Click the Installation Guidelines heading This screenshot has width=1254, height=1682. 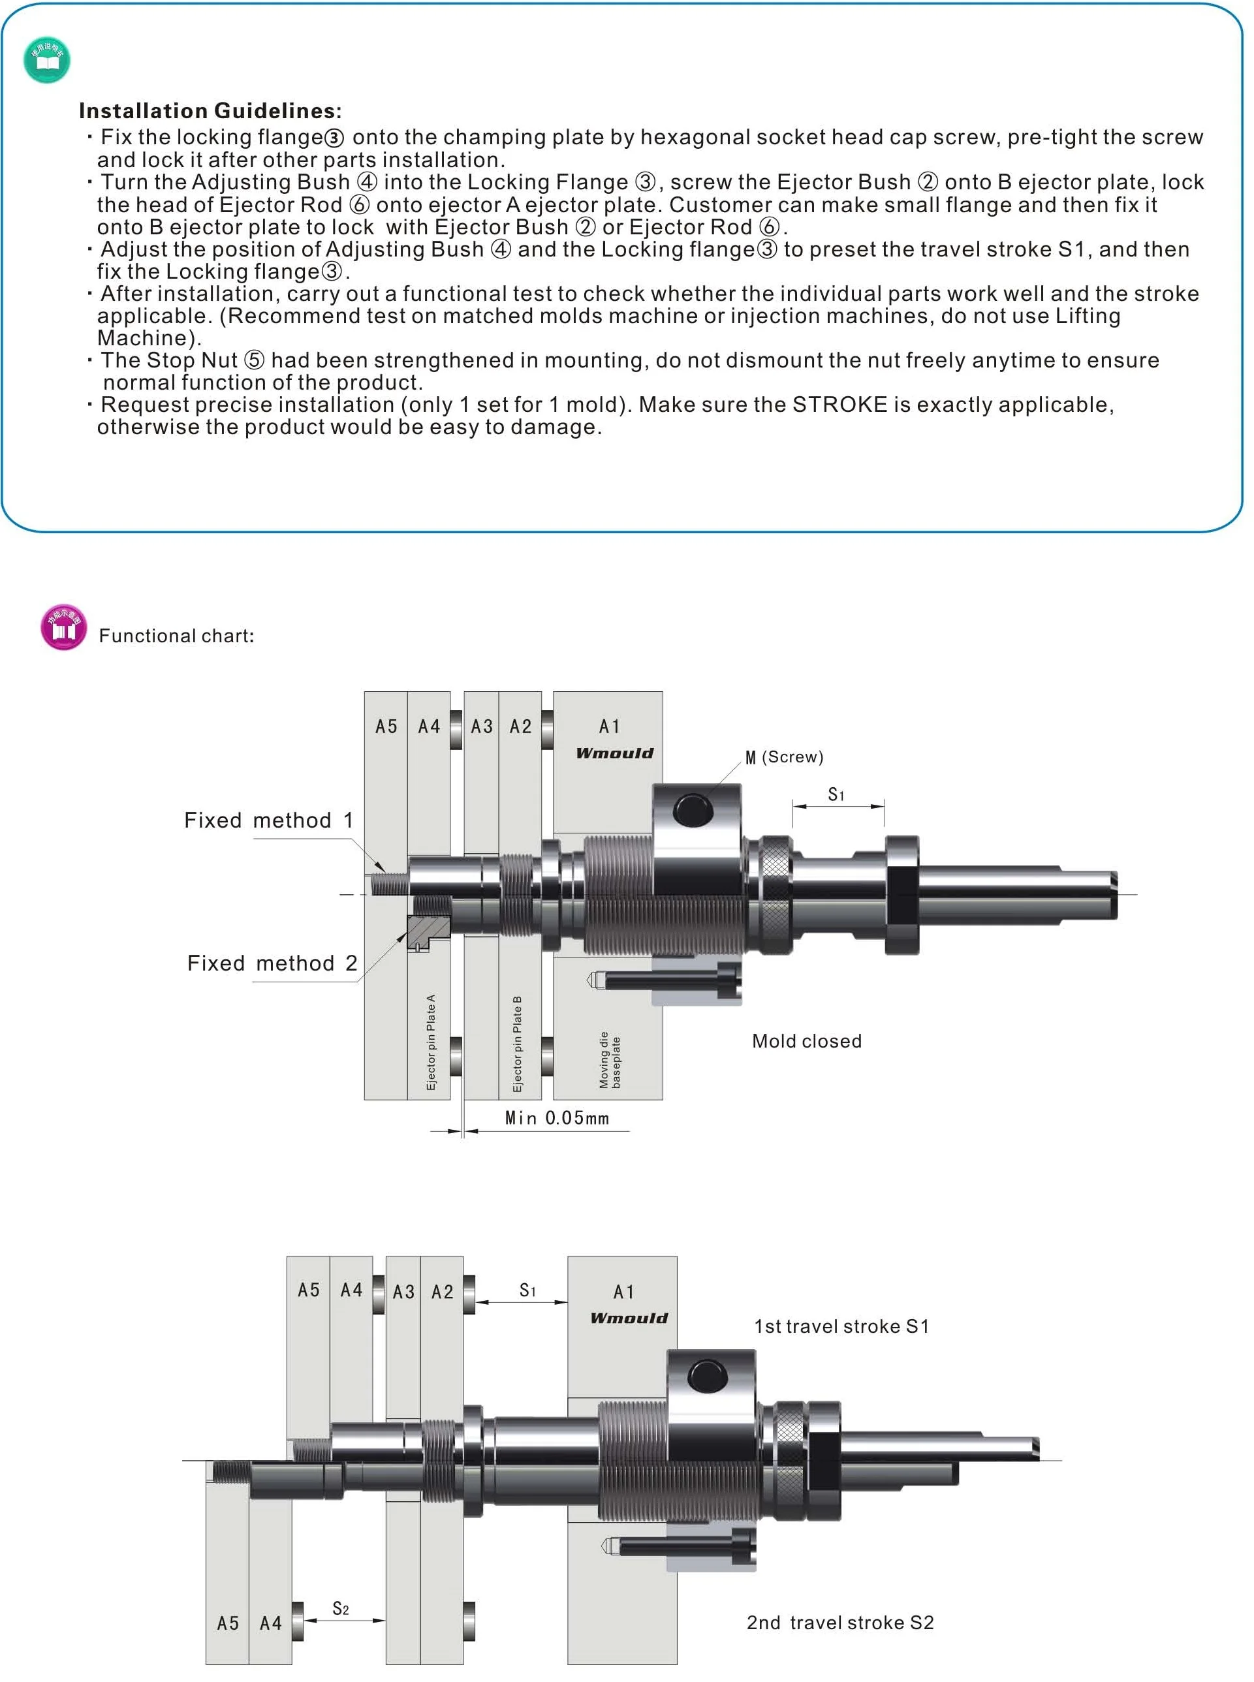[x=210, y=111]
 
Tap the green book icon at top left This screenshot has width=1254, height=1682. [x=47, y=60]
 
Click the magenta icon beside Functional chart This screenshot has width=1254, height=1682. [x=64, y=628]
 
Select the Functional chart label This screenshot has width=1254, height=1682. [x=176, y=636]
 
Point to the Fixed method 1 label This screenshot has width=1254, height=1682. [x=269, y=820]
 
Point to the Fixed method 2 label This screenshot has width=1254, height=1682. [x=272, y=963]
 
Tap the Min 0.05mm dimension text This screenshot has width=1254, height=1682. [x=557, y=1118]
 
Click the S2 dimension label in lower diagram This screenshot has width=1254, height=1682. [x=341, y=1608]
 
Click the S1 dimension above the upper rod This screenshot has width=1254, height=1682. [x=836, y=795]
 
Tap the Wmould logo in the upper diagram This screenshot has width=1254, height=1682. [x=614, y=753]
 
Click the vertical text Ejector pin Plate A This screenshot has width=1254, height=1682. [x=430, y=1042]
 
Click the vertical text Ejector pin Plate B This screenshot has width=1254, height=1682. [x=518, y=1044]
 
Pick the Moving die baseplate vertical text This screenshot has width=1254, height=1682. [x=610, y=1059]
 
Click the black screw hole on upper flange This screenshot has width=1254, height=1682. [x=693, y=811]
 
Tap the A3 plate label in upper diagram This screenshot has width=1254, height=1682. [x=482, y=726]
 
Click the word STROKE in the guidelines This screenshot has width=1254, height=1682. [x=839, y=405]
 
